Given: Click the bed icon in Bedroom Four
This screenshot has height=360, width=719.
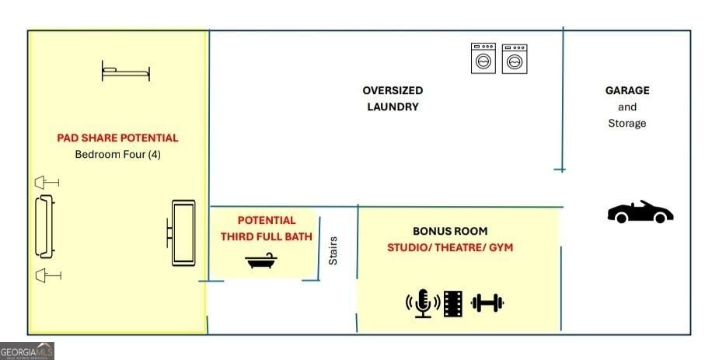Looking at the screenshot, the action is click(126, 71).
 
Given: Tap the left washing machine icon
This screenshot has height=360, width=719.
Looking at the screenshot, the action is click(483, 58).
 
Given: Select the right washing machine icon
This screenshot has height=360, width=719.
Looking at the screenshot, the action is click(515, 58).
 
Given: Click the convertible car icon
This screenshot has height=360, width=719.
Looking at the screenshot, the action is click(640, 211).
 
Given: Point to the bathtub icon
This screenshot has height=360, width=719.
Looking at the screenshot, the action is click(261, 260).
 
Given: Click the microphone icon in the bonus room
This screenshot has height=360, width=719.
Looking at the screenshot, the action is click(423, 303).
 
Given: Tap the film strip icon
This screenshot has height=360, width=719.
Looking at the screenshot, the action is click(453, 303).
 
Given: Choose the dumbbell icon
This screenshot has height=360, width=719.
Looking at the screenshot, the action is click(487, 302).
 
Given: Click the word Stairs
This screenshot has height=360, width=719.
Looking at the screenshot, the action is click(333, 250).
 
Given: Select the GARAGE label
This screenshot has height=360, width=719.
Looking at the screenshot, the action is click(627, 90).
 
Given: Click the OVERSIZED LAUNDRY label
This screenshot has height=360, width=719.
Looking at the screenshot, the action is click(393, 99).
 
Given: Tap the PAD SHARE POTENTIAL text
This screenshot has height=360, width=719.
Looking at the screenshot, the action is click(117, 138).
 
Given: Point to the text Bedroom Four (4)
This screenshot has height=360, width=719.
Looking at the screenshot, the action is click(118, 154).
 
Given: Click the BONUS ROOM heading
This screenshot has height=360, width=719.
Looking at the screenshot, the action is click(450, 231).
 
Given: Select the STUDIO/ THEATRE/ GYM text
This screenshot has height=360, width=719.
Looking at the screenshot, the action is click(450, 247).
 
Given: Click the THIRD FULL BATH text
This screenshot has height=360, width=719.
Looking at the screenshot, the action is click(267, 236).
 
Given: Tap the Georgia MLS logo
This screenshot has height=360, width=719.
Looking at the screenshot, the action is click(27, 351).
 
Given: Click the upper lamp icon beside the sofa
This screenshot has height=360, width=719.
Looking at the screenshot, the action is click(47, 183).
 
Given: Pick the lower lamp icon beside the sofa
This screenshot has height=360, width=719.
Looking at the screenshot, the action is click(48, 275).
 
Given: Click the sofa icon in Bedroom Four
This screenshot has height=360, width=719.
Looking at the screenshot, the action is click(45, 226).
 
